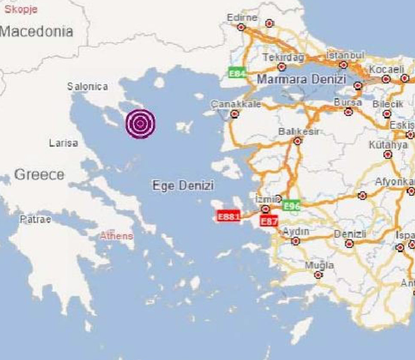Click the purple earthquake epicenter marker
140,124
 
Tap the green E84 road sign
237,73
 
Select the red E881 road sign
229,216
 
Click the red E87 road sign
269,221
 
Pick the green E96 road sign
292,206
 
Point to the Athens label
117,236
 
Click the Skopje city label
21,9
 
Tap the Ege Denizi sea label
183,186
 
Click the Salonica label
87,87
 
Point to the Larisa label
63,143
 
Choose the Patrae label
36,219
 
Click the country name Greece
39,174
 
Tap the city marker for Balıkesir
298,141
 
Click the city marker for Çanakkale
234,114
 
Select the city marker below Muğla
318,275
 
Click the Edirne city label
242,18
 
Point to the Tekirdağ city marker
281,67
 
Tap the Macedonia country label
37,31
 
